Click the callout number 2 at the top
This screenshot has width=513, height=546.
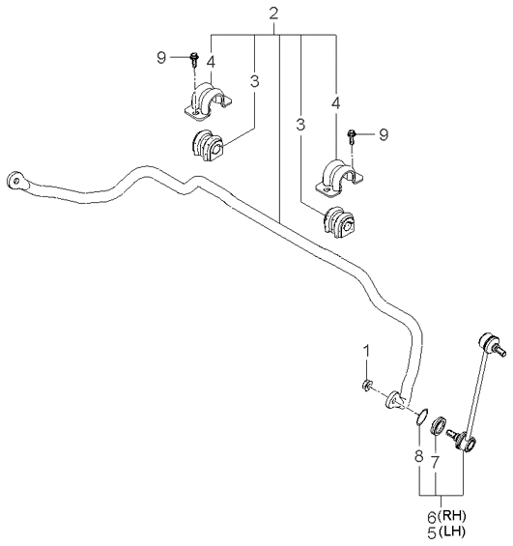click(x=274, y=14)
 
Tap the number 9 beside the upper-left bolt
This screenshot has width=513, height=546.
click(x=161, y=57)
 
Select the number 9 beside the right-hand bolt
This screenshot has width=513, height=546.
click(x=384, y=134)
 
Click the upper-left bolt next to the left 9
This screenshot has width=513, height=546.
click(x=194, y=60)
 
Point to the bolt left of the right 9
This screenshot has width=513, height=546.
click(x=352, y=136)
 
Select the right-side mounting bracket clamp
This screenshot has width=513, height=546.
click(x=339, y=178)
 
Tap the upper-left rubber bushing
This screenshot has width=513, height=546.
click(x=207, y=147)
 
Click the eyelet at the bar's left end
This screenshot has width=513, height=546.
click(x=16, y=181)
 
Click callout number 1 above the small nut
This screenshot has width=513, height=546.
click(x=366, y=351)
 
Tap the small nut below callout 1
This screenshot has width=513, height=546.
click(x=366, y=386)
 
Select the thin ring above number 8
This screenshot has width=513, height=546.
click(x=421, y=417)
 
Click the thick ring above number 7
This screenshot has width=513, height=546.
click(x=439, y=425)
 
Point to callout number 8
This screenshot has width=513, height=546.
click(x=419, y=456)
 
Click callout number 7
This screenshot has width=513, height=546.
click(x=436, y=462)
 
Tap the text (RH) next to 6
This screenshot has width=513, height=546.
click(x=451, y=515)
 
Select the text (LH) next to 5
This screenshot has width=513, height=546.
click(x=451, y=532)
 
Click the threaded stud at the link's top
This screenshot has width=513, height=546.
click(x=499, y=350)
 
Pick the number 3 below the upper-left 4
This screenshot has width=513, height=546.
click(x=254, y=82)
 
